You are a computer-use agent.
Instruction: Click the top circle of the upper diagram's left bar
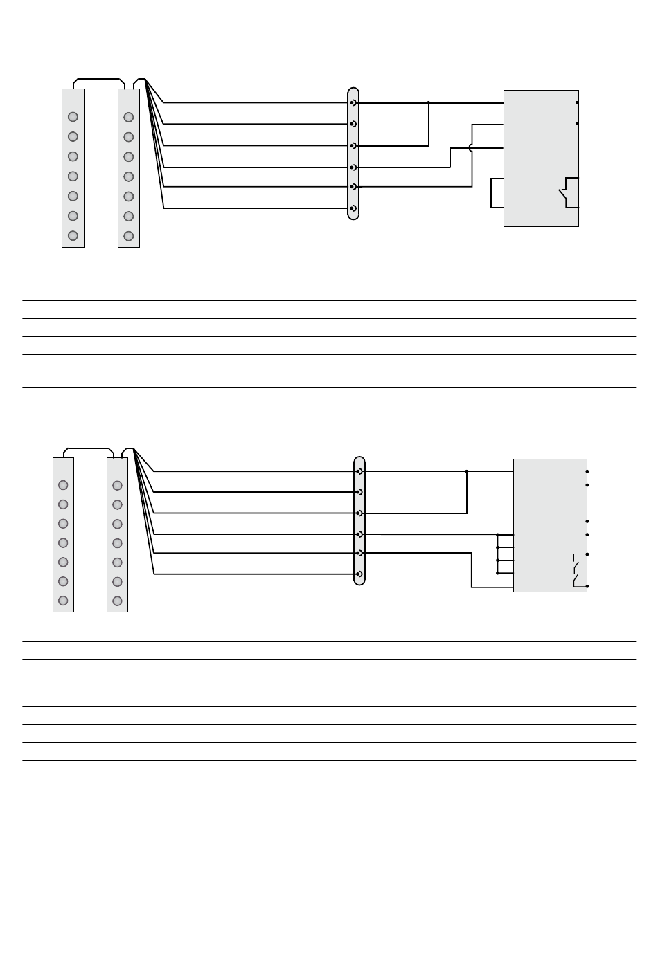pos(73,117)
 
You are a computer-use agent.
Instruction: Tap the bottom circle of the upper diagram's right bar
pos(128,236)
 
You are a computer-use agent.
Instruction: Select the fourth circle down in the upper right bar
pos(128,176)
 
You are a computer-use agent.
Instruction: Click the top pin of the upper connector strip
pos(353,103)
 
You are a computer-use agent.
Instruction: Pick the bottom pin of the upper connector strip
pos(353,208)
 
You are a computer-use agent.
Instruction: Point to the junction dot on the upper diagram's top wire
pos(429,103)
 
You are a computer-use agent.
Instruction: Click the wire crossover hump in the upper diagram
pos(472,147)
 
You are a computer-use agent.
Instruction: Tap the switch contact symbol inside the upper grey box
pos(567,194)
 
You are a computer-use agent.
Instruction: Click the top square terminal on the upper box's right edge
pos(578,102)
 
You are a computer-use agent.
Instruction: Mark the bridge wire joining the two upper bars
pos(98,79)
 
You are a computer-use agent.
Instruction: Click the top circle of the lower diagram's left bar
pos(63,485)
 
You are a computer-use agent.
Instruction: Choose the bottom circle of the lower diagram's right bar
pos(117,601)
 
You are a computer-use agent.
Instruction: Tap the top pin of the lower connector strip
pos(359,471)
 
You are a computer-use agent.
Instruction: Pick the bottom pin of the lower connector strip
pos(359,574)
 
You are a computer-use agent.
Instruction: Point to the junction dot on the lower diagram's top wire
pos(467,471)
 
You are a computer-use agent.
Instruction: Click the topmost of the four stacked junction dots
pos(497,535)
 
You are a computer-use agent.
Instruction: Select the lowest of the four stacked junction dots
pos(497,573)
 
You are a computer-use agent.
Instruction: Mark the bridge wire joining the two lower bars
pos(88,448)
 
